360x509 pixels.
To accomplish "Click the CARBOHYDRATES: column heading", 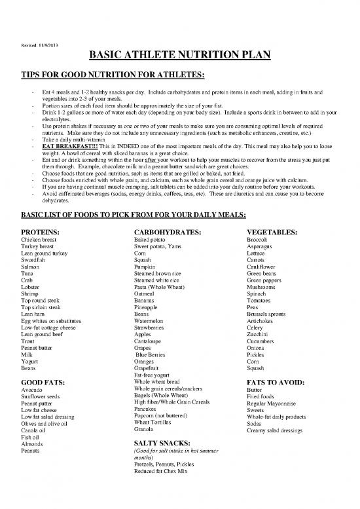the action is pyautogui.click(x=166, y=232).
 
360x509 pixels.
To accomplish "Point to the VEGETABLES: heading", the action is pyautogui.click(x=272, y=232).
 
